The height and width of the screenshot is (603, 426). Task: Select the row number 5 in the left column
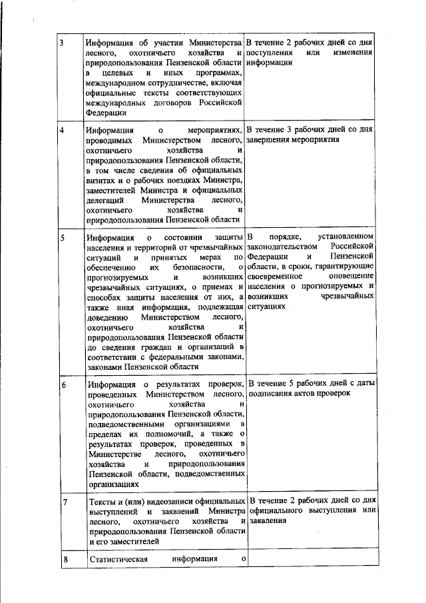click(x=61, y=238)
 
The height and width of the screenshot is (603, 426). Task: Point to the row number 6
click(x=63, y=385)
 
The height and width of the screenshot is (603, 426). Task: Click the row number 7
click(x=63, y=500)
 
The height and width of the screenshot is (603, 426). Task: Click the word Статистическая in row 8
click(x=117, y=558)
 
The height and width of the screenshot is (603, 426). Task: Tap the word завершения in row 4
click(x=271, y=140)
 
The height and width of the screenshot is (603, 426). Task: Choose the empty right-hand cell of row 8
click(x=310, y=559)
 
